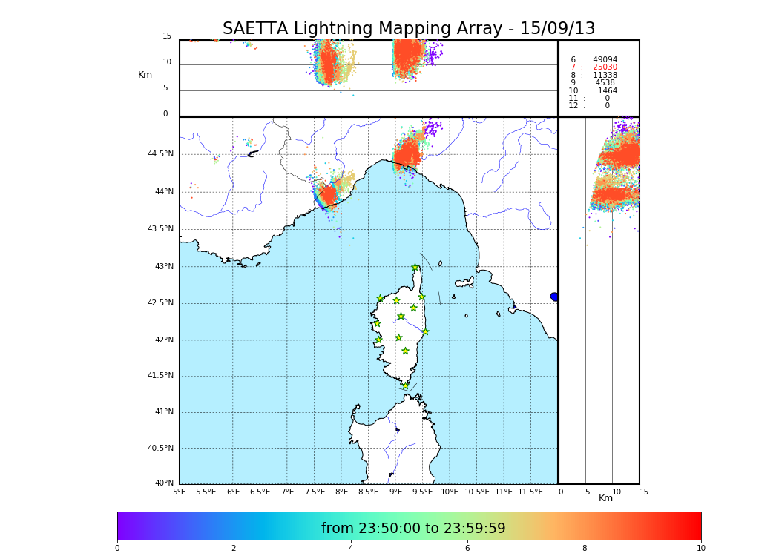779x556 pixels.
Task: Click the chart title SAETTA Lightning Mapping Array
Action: (409, 29)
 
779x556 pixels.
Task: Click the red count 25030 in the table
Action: (605, 67)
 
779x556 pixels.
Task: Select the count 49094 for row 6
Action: (605, 60)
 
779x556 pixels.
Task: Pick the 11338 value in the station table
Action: (605, 76)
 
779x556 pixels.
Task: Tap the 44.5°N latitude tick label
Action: (160, 154)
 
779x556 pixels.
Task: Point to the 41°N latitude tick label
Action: (162, 412)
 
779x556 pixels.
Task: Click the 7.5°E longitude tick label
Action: (315, 492)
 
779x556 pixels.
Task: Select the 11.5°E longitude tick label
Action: (530, 492)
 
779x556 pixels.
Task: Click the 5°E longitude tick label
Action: (179, 492)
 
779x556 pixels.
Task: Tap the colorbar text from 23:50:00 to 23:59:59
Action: (413, 529)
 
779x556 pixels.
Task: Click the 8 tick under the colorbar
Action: (584, 549)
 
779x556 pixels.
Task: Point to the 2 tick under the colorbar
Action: (234, 549)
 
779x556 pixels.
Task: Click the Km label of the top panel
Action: (145, 75)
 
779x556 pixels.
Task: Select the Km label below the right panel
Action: (606, 498)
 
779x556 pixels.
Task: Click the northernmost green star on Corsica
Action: (415, 268)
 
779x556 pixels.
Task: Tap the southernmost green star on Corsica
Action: (405, 385)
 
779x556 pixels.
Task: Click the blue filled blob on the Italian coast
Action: (554, 297)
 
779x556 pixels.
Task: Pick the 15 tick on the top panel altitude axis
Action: (167, 36)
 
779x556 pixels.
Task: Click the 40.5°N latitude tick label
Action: (160, 449)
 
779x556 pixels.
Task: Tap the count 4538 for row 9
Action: (605, 83)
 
